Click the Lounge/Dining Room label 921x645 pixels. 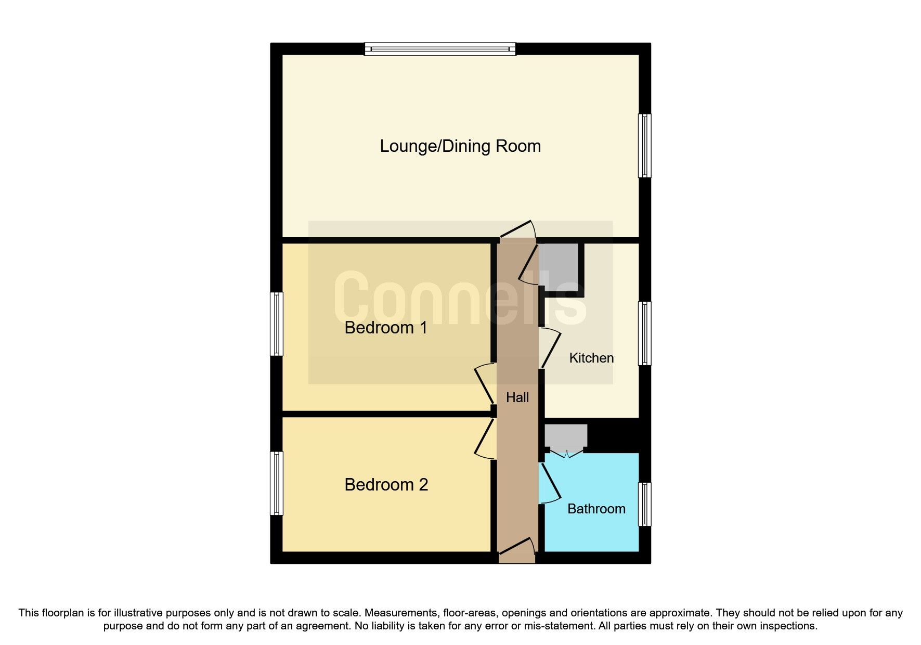pyautogui.click(x=460, y=146)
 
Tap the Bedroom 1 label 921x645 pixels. pyautogui.click(x=386, y=328)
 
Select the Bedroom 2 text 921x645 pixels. pyautogui.click(x=386, y=485)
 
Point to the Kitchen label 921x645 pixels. pyautogui.click(x=591, y=358)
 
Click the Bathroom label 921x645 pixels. pyautogui.click(x=596, y=509)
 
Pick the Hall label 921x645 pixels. pyautogui.click(x=517, y=397)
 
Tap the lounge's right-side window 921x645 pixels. pyautogui.click(x=644, y=146)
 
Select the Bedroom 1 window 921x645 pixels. pyautogui.click(x=277, y=324)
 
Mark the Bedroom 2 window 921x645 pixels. pyautogui.click(x=277, y=483)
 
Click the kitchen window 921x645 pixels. pyautogui.click(x=644, y=333)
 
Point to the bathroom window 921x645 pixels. pyautogui.click(x=644, y=504)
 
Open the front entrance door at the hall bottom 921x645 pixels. pyautogui.click(x=517, y=552)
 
